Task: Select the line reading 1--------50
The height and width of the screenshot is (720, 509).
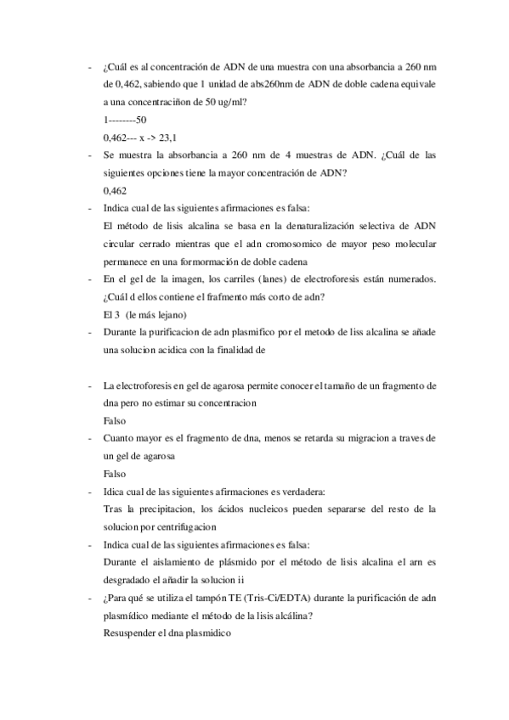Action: (x=124, y=120)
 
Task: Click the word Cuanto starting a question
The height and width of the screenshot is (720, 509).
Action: (x=121, y=438)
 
